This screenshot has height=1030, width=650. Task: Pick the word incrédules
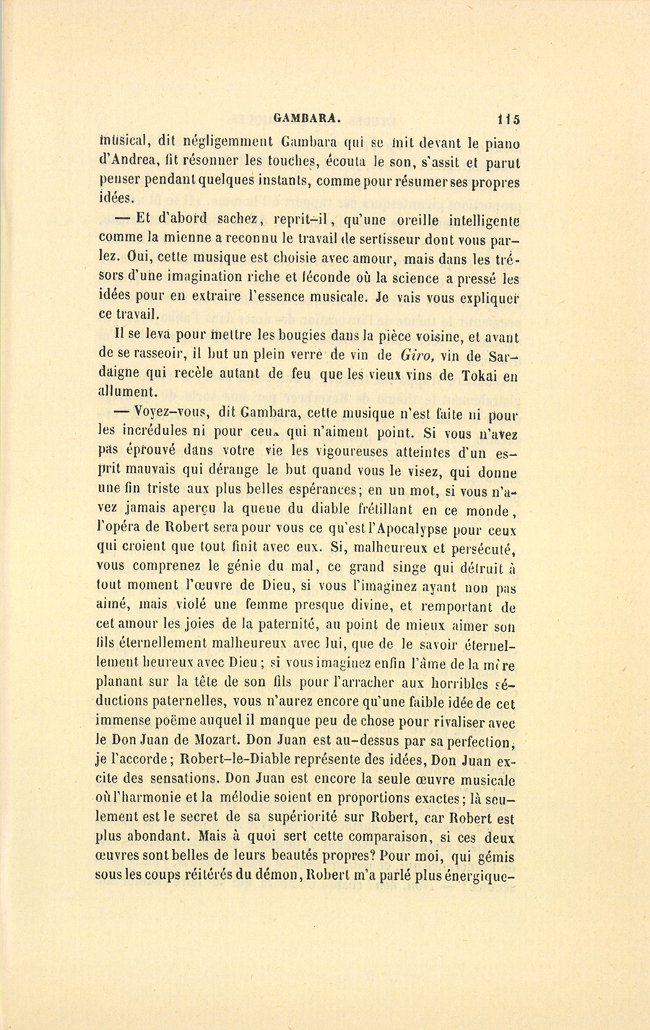click(x=152, y=432)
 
